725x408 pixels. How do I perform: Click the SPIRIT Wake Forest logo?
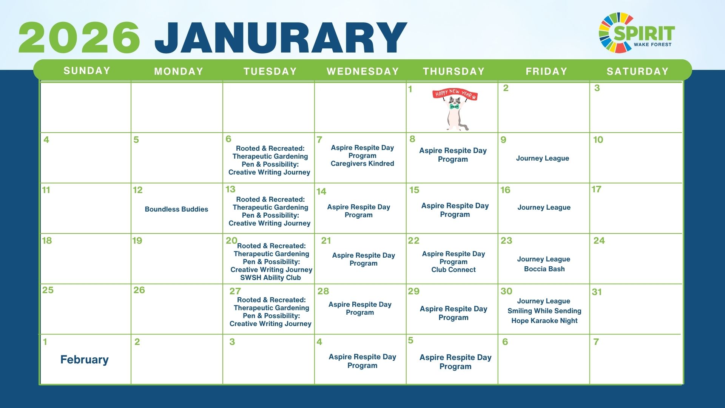(637, 33)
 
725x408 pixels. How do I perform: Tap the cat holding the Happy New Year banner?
(455, 110)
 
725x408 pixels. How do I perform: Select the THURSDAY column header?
(454, 71)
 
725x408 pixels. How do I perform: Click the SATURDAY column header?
(637, 71)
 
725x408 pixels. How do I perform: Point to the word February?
(85, 360)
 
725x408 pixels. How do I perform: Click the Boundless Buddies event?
(176, 209)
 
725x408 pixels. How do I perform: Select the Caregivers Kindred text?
(362, 164)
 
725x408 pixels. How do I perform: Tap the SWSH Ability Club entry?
(270, 278)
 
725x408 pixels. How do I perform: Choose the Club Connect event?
(454, 270)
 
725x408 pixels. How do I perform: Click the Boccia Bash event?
(545, 269)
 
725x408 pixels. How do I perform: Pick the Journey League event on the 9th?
(543, 158)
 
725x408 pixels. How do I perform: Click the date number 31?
(597, 292)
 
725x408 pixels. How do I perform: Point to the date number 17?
(596, 189)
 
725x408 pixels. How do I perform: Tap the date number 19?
(137, 241)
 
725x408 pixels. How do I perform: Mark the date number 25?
(48, 290)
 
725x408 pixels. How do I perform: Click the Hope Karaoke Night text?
(545, 321)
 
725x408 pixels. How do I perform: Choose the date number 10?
(598, 140)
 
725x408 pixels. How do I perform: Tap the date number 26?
(139, 290)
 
